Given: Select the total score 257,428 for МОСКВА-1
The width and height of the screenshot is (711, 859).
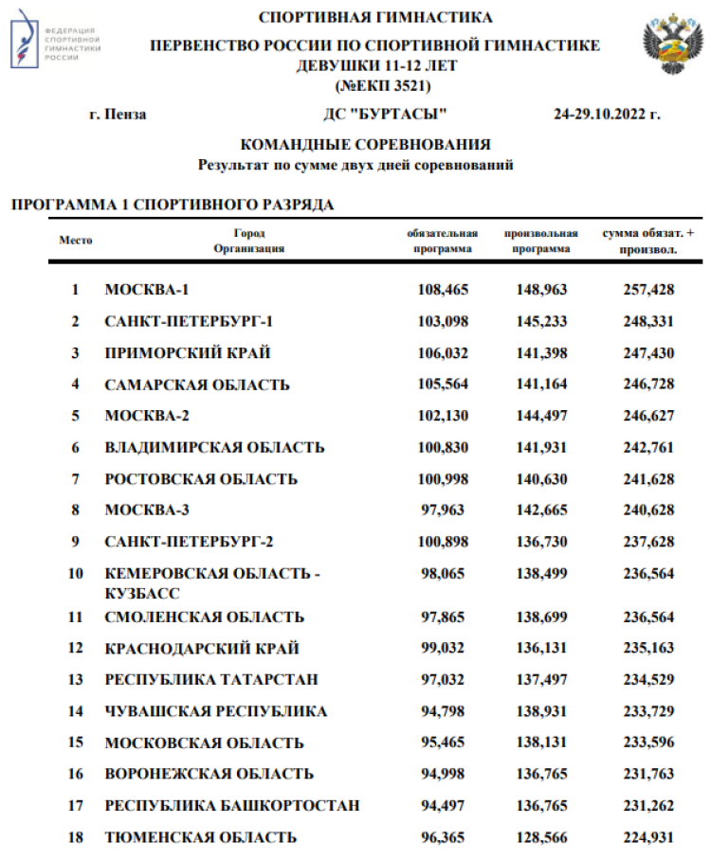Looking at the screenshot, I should click(648, 289).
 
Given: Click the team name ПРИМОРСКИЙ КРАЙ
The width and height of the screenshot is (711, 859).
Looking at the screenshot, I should click(188, 352).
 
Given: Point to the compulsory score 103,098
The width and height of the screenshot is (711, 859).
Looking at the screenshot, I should click(443, 321).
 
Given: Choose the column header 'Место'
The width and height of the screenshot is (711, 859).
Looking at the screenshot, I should click(76, 241).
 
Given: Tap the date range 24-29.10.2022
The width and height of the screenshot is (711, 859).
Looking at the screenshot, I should click(606, 115).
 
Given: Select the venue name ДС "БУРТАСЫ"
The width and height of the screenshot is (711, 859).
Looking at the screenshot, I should click(385, 115).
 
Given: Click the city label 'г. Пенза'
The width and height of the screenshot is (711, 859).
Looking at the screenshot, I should click(118, 115).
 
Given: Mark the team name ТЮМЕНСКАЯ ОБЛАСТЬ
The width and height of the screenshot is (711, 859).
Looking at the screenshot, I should click(201, 837).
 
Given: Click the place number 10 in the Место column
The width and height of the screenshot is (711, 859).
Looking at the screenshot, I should click(76, 573).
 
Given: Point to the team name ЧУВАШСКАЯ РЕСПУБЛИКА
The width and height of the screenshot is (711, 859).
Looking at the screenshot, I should click(216, 711).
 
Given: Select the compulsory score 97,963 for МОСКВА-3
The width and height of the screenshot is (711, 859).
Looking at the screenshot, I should click(443, 510).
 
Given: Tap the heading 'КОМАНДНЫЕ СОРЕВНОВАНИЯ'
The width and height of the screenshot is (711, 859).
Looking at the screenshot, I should click(366, 145).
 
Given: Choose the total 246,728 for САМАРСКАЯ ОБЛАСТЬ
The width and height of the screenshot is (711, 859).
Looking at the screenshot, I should click(648, 385).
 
